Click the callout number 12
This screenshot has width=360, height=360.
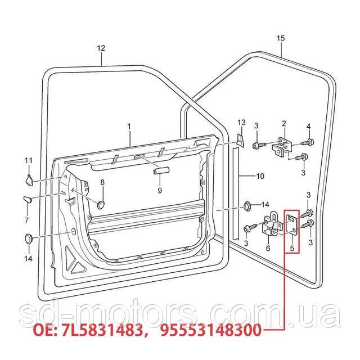click(x=101, y=48)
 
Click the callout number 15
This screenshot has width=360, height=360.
click(x=281, y=38)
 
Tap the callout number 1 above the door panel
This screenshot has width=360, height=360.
click(x=129, y=127)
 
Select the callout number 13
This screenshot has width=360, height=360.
click(x=241, y=123)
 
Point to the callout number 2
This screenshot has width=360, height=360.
click(x=284, y=124)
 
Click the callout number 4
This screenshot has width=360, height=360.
click(x=309, y=127)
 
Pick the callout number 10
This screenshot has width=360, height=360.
click(x=260, y=176)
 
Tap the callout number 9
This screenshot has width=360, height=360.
click(x=160, y=191)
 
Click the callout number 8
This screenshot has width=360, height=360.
click(x=102, y=182)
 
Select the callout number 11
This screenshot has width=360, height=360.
click(x=29, y=160)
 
